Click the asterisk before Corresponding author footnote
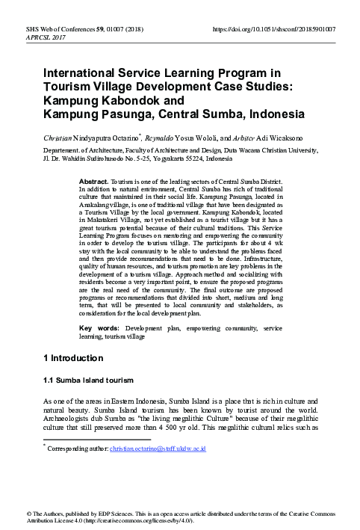44,446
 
